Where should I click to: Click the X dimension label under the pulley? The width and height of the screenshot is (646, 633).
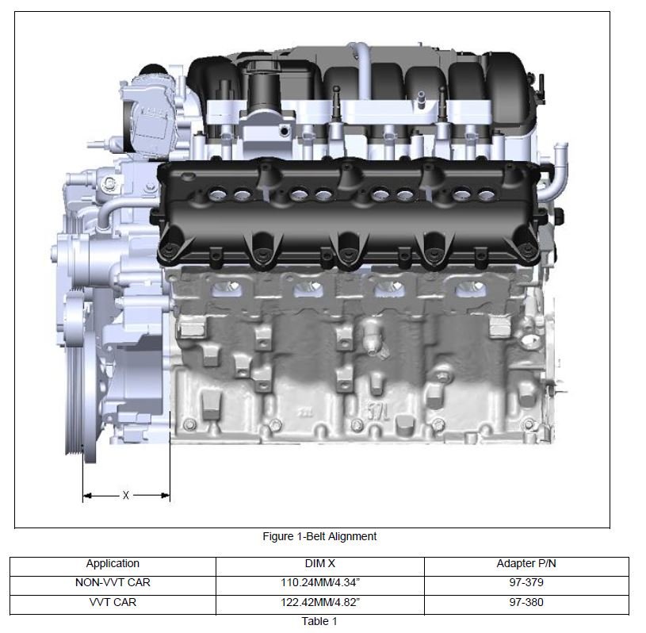(126, 496)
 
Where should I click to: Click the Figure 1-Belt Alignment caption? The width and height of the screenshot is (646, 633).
(319, 536)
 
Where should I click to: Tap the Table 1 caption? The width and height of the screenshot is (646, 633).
(319, 621)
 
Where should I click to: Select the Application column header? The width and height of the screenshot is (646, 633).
(113, 564)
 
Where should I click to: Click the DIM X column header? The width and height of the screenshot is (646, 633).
(319, 564)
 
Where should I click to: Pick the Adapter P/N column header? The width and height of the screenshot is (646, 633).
(526, 564)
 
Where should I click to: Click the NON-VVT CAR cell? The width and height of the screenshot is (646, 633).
(113, 583)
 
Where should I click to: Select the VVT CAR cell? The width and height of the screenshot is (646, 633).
(113, 603)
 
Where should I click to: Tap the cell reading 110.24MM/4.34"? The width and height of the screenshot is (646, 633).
(319, 583)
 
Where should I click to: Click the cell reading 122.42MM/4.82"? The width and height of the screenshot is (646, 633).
(319, 603)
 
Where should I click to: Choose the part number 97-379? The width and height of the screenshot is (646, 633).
(526, 583)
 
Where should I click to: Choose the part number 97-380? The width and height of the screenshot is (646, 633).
(526, 603)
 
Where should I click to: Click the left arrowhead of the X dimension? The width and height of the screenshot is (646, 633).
(86, 496)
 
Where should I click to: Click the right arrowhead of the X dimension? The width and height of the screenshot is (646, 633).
(166, 496)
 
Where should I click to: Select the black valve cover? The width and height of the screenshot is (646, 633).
(349, 210)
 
